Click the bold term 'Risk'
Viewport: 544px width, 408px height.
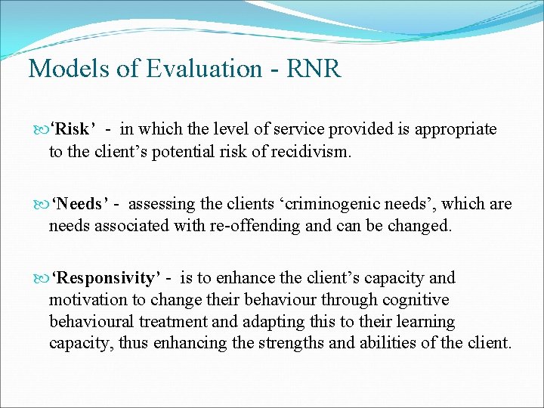pos(73,129)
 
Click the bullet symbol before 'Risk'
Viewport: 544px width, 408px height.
pos(39,130)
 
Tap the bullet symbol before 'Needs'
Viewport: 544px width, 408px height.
pos(39,204)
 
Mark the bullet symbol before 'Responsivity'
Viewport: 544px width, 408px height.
pos(39,279)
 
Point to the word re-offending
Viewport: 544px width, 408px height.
pos(227,225)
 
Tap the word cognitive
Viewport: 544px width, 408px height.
pos(417,300)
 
